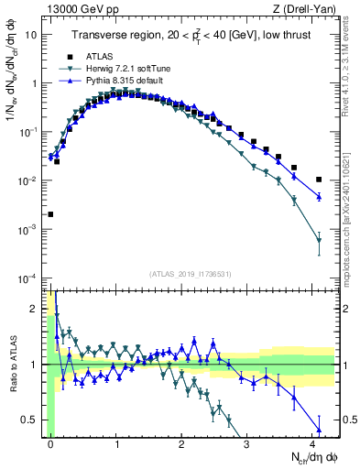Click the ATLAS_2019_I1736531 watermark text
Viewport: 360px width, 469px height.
pos(191,274)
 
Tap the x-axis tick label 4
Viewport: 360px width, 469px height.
pos(313,443)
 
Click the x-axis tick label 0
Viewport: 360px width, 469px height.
pos(50,443)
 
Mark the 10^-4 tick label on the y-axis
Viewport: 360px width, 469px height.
pos(28,278)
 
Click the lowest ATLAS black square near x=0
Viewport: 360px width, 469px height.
pos(50,214)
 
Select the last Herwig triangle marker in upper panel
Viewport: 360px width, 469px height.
pos(319,241)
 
